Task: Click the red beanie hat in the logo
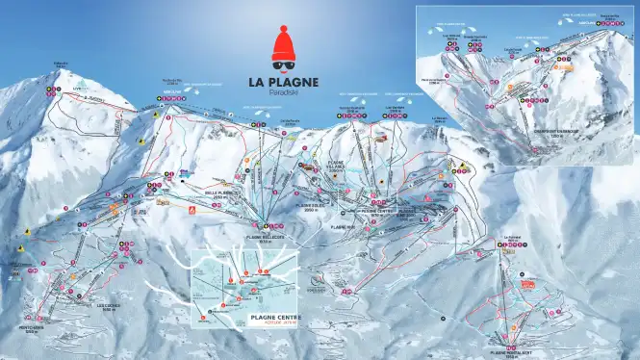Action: (x=283, y=46)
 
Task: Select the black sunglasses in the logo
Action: (x=283, y=64)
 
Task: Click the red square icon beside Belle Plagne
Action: (x=191, y=209)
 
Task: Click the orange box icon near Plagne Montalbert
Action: (x=525, y=284)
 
